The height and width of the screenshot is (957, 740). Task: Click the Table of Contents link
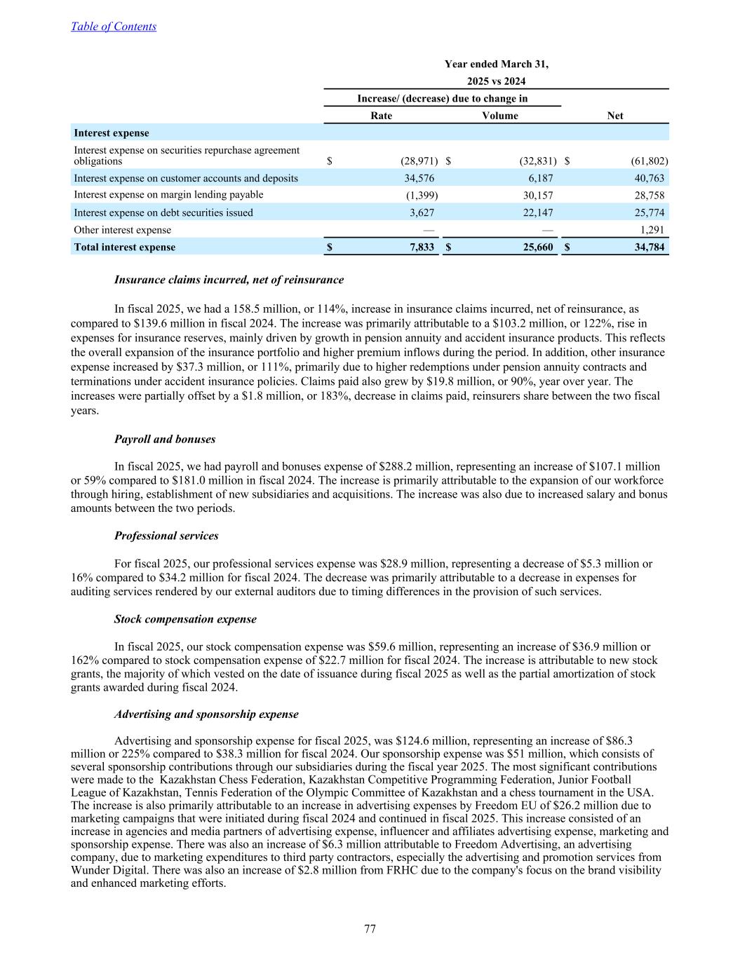click(114, 27)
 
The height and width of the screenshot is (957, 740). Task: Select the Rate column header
click(381, 116)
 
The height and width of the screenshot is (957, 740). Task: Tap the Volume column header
click(500, 116)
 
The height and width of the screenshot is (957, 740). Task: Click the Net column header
click(614, 116)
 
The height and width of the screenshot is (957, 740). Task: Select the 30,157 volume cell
click(537, 195)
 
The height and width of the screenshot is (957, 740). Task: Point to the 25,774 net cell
click(649, 212)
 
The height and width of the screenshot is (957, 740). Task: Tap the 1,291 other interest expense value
click(652, 229)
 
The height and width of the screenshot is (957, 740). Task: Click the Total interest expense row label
click(125, 247)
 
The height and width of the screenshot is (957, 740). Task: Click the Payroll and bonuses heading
click(165, 439)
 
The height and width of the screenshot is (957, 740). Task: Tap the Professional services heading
click(166, 536)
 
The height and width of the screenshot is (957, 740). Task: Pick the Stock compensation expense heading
click(185, 619)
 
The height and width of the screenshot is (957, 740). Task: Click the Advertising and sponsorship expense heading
click(206, 714)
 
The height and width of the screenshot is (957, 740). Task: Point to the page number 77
click(370, 929)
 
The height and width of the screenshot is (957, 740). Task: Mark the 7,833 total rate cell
click(420, 247)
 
